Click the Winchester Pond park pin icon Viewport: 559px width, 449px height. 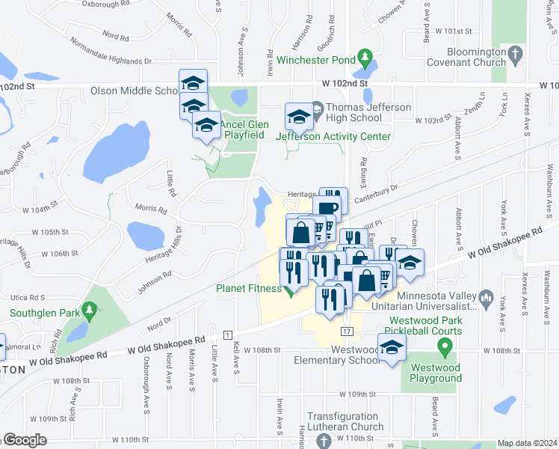click(x=364, y=57)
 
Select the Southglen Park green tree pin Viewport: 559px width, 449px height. click(x=89, y=309)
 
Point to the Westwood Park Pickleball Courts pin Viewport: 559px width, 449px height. click(x=445, y=346)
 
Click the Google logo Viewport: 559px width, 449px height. click(x=25, y=441)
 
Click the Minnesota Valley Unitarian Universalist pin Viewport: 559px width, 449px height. click(x=487, y=296)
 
